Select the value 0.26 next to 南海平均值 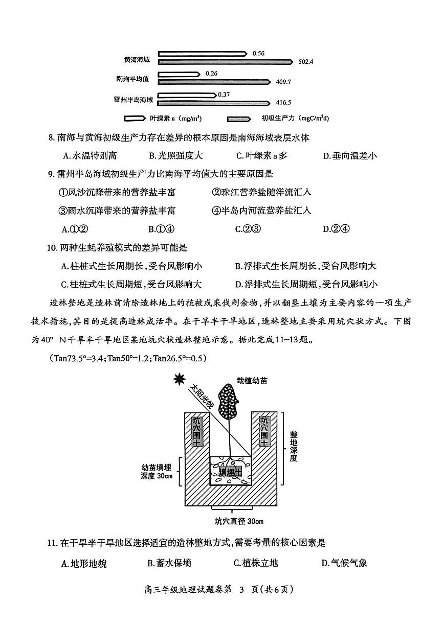click(x=211, y=74)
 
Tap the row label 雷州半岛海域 click(x=133, y=100)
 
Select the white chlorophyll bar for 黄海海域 click(x=202, y=54)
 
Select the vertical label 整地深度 click(x=293, y=444)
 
